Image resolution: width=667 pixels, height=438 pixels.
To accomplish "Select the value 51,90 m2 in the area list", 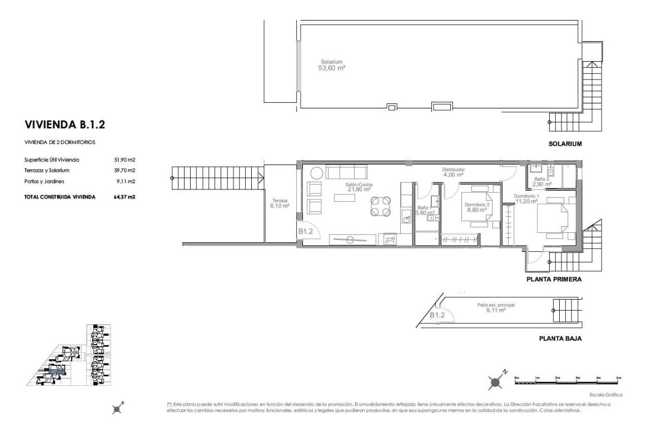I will coord(125,160).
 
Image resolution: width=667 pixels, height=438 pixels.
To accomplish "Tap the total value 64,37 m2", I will coord(125,197).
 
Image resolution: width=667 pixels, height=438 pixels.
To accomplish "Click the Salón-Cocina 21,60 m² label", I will coord(359,186).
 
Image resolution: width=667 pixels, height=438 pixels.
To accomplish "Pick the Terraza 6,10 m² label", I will coord(280,203).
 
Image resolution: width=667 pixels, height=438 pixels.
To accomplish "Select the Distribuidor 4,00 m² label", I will coord(453,172).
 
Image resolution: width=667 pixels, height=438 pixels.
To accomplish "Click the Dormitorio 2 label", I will coord(476,205).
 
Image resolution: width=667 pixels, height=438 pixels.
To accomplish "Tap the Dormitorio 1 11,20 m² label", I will coord(526,199).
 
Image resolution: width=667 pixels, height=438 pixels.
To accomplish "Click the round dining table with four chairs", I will coord(381,206).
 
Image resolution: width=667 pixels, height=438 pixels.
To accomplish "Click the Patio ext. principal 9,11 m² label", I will coord(491,307).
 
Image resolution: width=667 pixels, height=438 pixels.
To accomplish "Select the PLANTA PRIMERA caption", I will coord(554,280).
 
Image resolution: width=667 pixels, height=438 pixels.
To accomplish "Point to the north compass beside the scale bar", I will coord(496,381).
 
